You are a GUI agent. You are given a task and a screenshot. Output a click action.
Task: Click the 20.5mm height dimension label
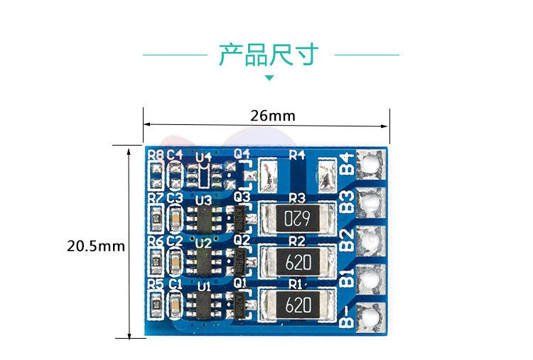[x=96, y=246]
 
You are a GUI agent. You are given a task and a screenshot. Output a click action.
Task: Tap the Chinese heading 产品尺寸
[x=269, y=55]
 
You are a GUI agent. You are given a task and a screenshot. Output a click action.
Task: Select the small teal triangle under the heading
[x=269, y=77]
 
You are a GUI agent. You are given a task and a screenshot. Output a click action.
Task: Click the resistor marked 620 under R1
[x=297, y=305]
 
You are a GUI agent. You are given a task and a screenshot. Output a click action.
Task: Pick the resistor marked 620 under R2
[x=297, y=261]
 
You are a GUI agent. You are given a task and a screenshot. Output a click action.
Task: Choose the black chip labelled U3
[x=204, y=217]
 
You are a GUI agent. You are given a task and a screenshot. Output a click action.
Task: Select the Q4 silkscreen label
[x=242, y=153]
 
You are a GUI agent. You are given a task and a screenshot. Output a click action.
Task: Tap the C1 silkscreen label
[x=175, y=283]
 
